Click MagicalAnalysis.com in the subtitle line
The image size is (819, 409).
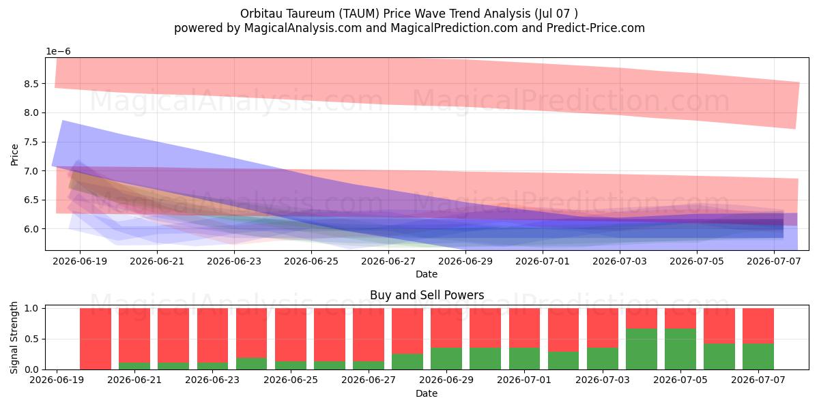[x=303, y=28]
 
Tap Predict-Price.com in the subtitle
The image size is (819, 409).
[x=596, y=28]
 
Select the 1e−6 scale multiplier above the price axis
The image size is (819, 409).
[x=58, y=52]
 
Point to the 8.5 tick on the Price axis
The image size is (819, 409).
[x=31, y=84]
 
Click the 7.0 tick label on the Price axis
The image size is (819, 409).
[x=31, y=171]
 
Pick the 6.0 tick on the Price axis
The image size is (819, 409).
[x=31, y=229]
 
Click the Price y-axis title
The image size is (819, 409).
[x=14, y=155]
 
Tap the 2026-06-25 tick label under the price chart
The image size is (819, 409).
[x=311, y=262]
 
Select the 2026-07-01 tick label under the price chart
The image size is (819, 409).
[x=543, y=262]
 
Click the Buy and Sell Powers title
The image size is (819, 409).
[x=427, y=295]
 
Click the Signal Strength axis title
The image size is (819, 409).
[x=14, y=338]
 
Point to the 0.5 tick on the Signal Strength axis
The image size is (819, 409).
[x=31, y=339]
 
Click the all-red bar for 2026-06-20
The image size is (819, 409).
[x=96, y=339]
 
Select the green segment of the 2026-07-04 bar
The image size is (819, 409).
[x=642, y=349]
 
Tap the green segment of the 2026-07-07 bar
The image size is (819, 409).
[x=758, y=357]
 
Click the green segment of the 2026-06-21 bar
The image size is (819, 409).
[x=134, y=366]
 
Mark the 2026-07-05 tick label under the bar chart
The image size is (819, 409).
[x=680, y=380]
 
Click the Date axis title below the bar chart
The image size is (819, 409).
[x=427, y=393]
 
